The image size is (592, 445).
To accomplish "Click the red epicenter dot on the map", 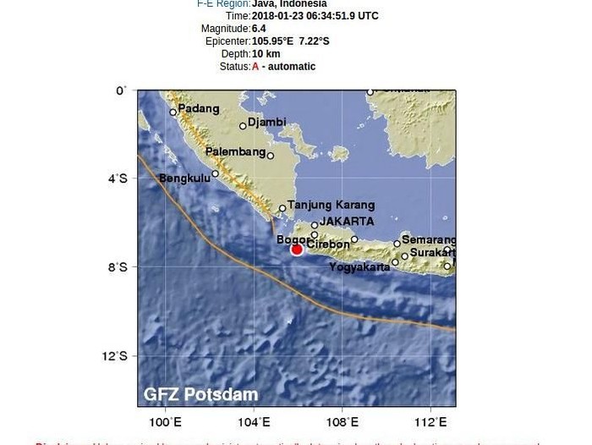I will tap(297, 249).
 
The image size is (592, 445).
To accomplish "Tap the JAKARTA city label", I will tap(347, 222).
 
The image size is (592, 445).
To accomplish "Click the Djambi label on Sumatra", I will tap(267, 122).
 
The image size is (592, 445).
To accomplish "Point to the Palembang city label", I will tap(234, 151).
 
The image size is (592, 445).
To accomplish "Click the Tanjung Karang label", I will tap(331, 205).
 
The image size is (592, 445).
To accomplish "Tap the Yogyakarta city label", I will tap(359, 266).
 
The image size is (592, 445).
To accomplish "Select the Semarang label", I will tap(429, 239).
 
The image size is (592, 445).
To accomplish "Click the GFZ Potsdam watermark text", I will tap(200, 394).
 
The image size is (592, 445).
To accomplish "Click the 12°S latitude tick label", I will tap(119, 356).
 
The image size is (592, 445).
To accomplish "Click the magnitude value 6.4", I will tap(258, 28).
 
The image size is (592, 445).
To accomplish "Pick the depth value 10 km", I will tap(266, 54).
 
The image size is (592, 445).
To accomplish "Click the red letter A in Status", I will tap(255, 67).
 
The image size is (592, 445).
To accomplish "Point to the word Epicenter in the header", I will tap(227, 41).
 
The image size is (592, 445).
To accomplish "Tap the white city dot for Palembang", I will tap(271, 156).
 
